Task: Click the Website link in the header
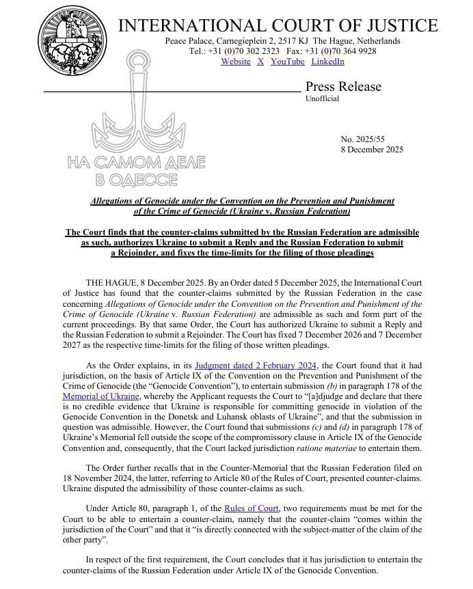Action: click(x=236, y=61)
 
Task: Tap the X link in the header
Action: click(x=260, y=61)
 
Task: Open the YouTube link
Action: click(x=287, y=61)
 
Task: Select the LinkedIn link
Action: click(x=327, y=61)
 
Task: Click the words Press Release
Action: click(x=343, y=87)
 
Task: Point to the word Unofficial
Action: click(x=322, y=99)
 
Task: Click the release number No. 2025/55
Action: click(x=363, y=139)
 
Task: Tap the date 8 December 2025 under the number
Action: click(x=372, y=150)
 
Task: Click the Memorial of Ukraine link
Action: click(x=100, y=396)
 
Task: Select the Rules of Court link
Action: click(x=251, y=508)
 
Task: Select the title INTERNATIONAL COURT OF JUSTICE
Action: click(x=278, y=26)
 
